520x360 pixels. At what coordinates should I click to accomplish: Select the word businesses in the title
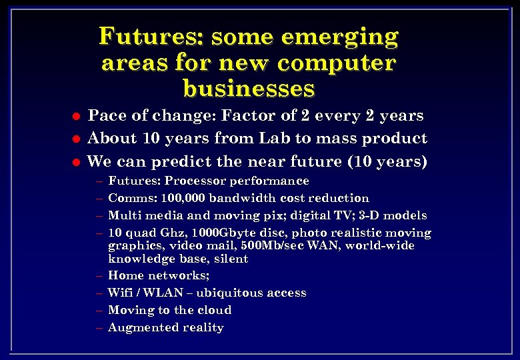pyautogui.click(x=248, y=89)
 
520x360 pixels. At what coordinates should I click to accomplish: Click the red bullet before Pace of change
pyautogui.click(x=77, y=117)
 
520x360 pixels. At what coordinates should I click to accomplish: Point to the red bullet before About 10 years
pyautogui.click(x=77, y=139)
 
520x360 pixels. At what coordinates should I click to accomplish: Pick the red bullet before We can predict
pyautogui.click(x=77, y=162)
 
